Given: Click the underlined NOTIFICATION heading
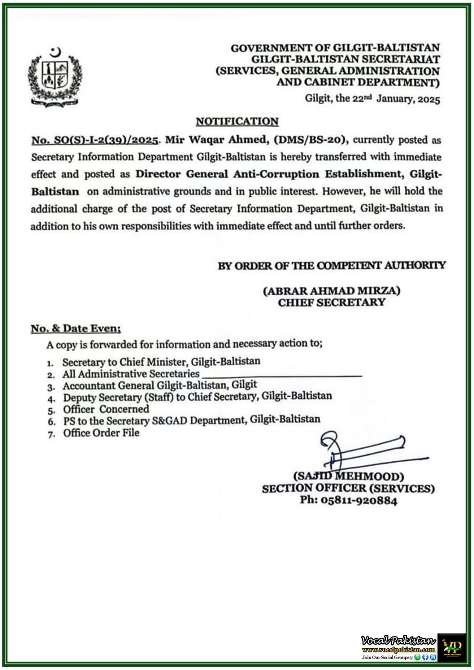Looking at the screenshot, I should coord(237,121).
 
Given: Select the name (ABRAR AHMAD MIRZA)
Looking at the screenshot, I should coord(332,291).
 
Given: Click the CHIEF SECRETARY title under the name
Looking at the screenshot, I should coord(332,302).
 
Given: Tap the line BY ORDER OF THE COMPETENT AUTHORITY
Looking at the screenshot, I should coord(332,265).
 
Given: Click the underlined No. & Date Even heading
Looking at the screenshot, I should coord(76,328).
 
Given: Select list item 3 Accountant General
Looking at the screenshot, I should coord(160,385).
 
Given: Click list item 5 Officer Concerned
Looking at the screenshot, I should coord(106,409).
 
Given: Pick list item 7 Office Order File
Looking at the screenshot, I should coord(101,433).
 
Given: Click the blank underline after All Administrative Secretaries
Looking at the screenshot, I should coord(281,375).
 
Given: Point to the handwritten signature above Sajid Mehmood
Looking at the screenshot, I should coord(360,452).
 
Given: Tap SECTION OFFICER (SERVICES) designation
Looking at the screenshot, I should coord(348,488).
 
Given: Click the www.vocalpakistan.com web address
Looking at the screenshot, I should coord(399,650).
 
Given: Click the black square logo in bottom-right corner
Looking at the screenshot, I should coord(452,647).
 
